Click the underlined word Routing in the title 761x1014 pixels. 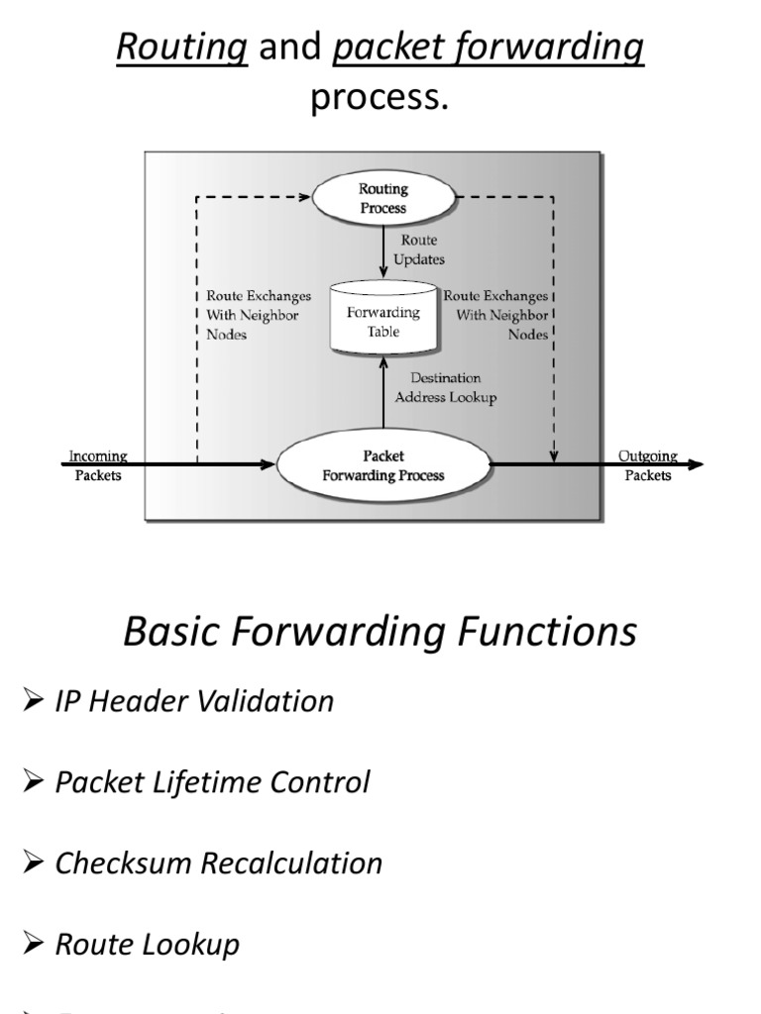click(x=182, y=47)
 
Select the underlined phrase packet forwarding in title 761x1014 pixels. click(x=489, y=47)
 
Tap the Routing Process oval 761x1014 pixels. click(x=382, y=197)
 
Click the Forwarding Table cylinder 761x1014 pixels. click(x=383, y=319)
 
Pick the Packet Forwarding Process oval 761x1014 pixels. click(x=382, y=465)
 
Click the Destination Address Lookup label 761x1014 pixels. click(x=446, y=387)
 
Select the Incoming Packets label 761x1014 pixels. click(x=98, y=465)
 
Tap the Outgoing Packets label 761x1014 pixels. click(x=648, y=465)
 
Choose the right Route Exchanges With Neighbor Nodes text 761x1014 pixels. click(x=495, y=315)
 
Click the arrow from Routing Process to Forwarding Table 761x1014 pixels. click(x=383, y=253)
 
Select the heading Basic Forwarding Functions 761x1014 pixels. click(x=380, y=631)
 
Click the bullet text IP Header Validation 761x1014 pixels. click(x=194, y=701)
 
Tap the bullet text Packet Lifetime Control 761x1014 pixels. click(x=212, y=782)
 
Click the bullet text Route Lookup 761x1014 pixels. click(x=147, y=944)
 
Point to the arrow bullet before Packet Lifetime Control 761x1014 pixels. click(x=33, y=782)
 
